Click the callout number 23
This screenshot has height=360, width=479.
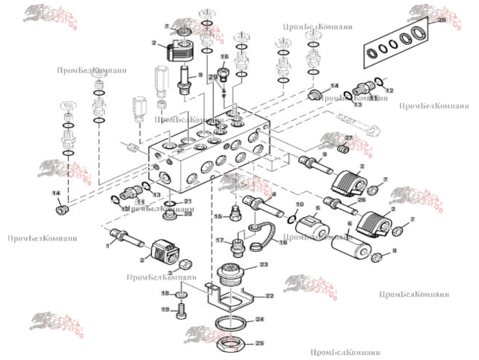263,264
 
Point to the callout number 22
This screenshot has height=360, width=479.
270,296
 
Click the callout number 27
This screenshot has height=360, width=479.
347,137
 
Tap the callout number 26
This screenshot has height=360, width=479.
360,199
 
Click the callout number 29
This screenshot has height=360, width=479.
212,76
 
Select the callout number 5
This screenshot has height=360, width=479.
317,210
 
